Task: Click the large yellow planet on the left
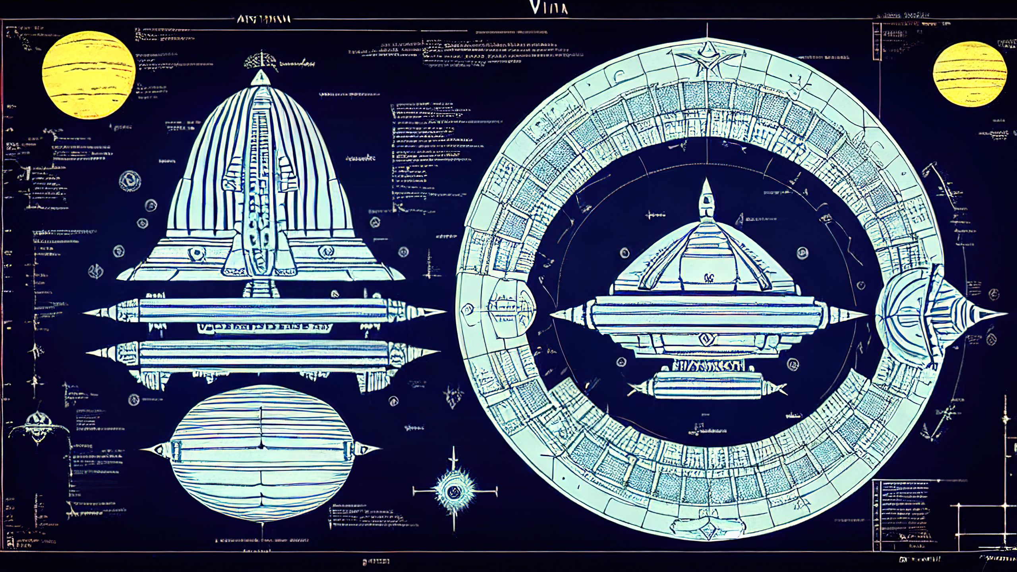pos(89,75)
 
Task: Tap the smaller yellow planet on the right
pos(969,75)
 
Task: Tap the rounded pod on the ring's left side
pos(510,306)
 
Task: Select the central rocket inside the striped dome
pos(260,187)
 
